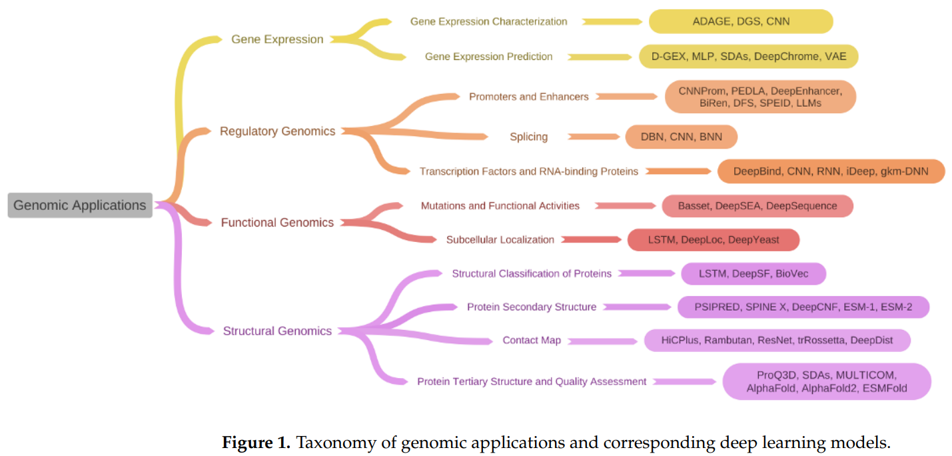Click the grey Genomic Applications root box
pos(80,205)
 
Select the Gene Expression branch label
pos(277,39)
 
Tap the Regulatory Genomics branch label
pos(278,131)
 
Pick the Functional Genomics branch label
pos(277,223)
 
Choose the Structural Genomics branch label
pos(277,331)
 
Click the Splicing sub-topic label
pos(529,137)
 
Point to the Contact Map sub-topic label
pos(532,340)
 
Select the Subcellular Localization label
pos(500,240)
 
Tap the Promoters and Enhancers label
pos(529,97)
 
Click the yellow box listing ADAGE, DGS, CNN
pos(741,22)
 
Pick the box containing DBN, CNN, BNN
pos(682,137)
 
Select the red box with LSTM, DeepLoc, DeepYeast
pos(713,240)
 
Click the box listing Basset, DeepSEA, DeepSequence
pos(757,206)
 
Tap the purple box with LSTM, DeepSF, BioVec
pos(753,273)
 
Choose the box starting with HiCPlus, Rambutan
pos(777,340)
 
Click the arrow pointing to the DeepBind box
pos(678,171)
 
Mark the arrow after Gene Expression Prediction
pos(600,57)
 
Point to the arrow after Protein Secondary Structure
pos(637,307)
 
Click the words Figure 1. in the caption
pos(256,443)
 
